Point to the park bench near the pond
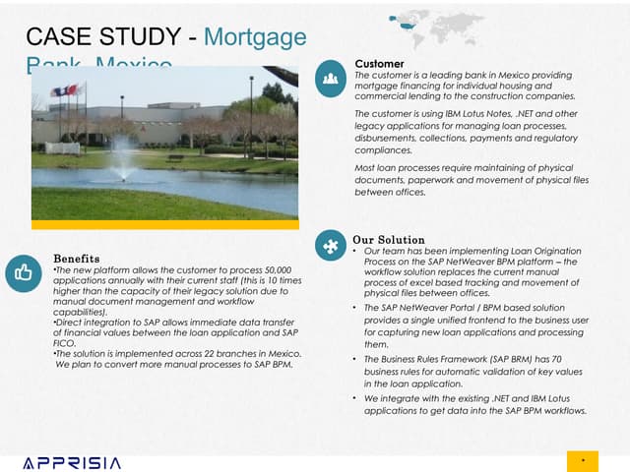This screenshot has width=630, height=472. (x=175, y=156)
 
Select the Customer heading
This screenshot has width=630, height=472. (x=378, y=64)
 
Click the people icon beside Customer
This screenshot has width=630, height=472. (x=332, y=76)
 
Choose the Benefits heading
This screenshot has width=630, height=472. (x=76, y=258)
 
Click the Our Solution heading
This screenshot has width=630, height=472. (x=388, y=239)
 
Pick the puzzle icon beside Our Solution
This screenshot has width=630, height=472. (x=332, y=246)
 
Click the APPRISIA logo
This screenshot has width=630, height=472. (x=72, y=461)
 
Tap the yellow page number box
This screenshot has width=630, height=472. (x=583, y=460)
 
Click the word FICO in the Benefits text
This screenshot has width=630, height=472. (x=64, y=344)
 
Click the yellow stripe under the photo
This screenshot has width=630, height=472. (x=164, y=224)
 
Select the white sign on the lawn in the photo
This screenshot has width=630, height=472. (x=61, y=147)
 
